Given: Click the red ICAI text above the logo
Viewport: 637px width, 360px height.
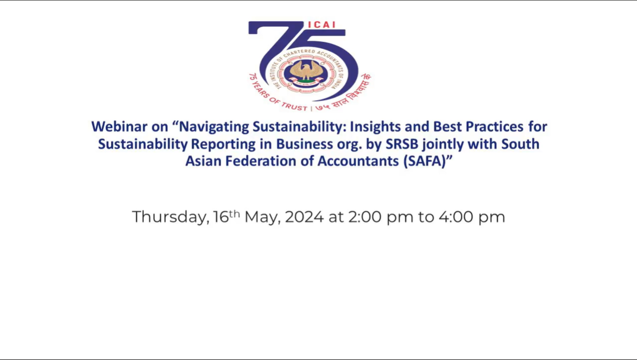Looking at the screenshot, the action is [x=321, y=25].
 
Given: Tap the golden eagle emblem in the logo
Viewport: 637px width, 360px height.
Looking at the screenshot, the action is [x=307, y=71].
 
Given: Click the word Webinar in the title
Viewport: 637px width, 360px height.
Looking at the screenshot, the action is [x=119, y=127].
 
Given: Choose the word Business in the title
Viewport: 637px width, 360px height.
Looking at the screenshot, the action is [x=305, y=144].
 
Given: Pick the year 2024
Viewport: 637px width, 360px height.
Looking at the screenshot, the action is [x=304, y=217].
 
